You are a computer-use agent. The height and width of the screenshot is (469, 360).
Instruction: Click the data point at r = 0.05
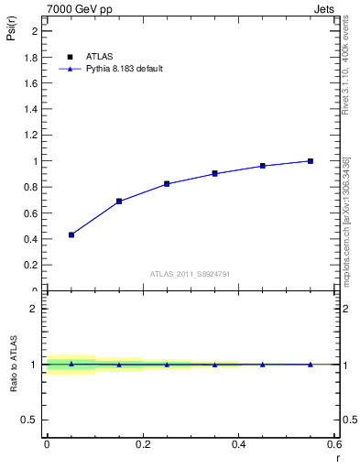click(x=71, y=234)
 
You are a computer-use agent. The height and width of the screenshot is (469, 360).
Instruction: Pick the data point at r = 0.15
click(x=119, y=201)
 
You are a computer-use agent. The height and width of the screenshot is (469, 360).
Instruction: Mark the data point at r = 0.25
click(x=167, y=183)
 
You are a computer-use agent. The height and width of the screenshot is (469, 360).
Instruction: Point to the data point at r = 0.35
click(x=214, y=173)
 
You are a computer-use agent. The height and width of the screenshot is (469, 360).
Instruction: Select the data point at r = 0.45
click(x=262, y=166)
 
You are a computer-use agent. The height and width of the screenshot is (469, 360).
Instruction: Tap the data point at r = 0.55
click(x=311, y=161)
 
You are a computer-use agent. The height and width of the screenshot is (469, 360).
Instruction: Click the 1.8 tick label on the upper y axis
click(x=31, y=57)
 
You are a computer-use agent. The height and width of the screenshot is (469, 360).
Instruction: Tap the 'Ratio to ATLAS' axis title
click(x=13, y=364)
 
